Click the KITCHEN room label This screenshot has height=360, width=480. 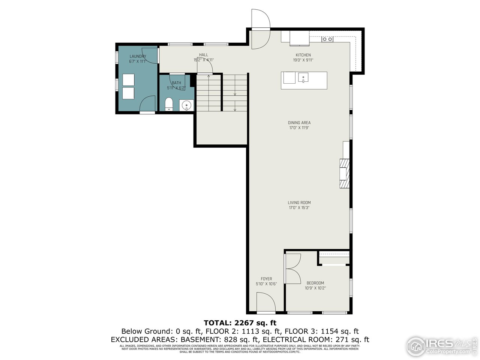303,55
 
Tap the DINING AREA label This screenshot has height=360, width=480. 299,123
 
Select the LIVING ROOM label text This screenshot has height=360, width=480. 299,202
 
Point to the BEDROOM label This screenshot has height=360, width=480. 315,283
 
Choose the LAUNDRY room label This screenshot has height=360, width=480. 138,57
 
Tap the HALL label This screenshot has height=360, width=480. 203,55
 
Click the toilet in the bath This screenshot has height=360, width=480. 169,104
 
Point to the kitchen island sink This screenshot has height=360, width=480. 303,78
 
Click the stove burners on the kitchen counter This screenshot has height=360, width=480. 327,39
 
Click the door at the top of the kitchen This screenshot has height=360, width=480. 260,29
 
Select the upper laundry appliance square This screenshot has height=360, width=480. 128,80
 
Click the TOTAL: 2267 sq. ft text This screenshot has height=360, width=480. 240,322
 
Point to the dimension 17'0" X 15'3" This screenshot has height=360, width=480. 299,208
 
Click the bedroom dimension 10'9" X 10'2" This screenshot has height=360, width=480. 315,288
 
